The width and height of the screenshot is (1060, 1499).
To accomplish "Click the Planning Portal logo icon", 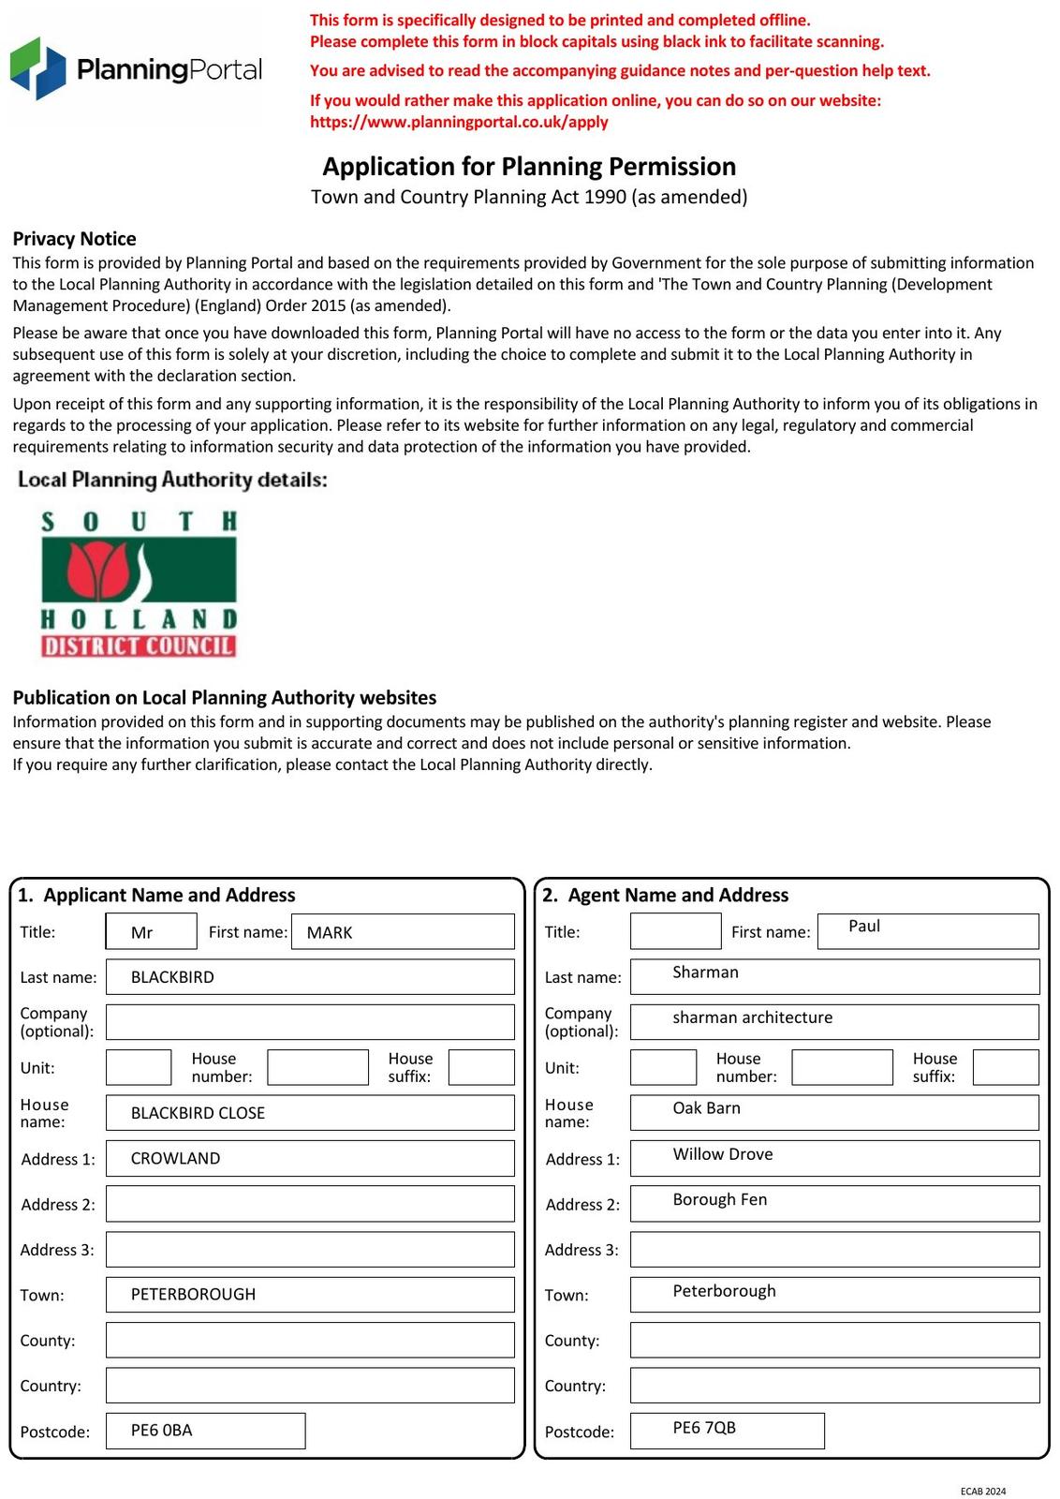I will [x=37, y=68].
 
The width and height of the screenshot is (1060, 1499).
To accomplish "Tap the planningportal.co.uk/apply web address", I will [x=459, y=122].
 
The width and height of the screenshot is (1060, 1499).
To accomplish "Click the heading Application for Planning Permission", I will [x=529, y=167].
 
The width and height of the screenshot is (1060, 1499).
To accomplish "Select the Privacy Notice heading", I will [x=74, y=239].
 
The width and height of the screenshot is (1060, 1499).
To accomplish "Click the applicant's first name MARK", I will [x=330, y=932].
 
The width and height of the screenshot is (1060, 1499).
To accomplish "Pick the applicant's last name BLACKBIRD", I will [x=172, y=977].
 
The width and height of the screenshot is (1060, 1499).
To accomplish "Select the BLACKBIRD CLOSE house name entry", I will [x=198, y=1113].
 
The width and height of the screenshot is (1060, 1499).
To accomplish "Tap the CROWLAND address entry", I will [x=175, y=1158].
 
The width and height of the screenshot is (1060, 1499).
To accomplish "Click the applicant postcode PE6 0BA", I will [x=161, y=1431].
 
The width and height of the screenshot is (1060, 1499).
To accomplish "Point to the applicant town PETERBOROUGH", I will [x=193, y=1294].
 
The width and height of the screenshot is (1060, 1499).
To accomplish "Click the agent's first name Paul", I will [x=864, y=927].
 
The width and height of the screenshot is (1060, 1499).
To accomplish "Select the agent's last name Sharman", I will [x=705, y=972].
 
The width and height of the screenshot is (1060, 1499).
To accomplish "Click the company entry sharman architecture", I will [x=752, y=1017].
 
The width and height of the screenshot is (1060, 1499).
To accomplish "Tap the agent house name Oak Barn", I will [x=706, y=1108].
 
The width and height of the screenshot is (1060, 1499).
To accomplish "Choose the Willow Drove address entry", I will [x=722, y=1154].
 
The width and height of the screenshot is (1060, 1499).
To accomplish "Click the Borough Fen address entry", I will [x=719, y=1199].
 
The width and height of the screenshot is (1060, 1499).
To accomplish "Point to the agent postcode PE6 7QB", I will [x=704, y=1428].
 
